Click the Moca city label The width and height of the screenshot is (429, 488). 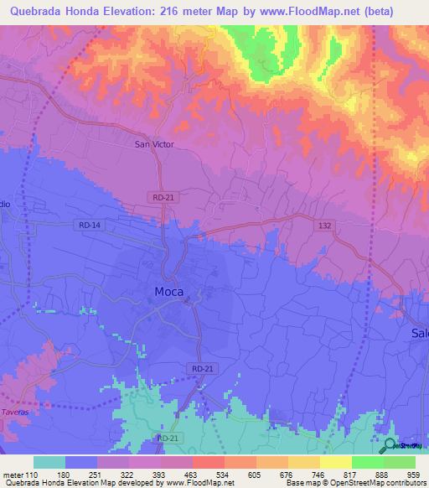168,292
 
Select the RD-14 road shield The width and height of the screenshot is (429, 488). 89,226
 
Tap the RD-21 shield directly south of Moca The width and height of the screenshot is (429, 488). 202,368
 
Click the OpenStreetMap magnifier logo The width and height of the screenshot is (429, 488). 389,444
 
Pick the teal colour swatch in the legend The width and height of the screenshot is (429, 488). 49,462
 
